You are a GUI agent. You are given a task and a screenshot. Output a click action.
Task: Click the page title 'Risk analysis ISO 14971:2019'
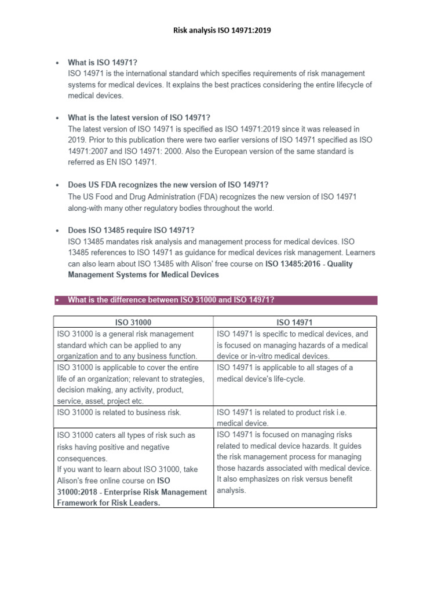point(222,31)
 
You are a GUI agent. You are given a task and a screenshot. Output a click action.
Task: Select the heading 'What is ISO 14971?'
point(103,63)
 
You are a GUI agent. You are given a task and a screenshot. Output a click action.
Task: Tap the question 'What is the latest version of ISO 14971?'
point(138,118)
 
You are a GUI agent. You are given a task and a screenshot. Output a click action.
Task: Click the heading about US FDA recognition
point(168,185)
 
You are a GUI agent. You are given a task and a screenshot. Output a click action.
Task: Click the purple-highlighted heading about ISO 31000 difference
point(171,299)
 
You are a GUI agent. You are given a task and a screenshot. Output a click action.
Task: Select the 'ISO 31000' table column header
point(134,322)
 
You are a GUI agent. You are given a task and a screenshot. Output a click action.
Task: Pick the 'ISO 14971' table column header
point(296,322)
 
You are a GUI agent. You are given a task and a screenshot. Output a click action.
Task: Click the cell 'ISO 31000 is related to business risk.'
point(119,412)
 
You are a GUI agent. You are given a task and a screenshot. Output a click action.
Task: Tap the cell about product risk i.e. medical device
point(290,418)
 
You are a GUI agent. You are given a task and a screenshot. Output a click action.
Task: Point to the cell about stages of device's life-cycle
point(284,373)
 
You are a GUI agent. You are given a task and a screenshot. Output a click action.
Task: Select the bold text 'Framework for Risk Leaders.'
point(108,503)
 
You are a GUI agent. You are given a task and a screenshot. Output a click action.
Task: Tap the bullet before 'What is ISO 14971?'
point(57,63)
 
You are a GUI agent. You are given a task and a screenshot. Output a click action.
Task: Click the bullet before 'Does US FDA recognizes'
point(57,185)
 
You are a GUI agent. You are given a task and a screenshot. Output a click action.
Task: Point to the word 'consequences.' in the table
point(82,457)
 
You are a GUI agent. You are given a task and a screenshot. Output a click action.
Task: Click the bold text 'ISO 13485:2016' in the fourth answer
point(293,263)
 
